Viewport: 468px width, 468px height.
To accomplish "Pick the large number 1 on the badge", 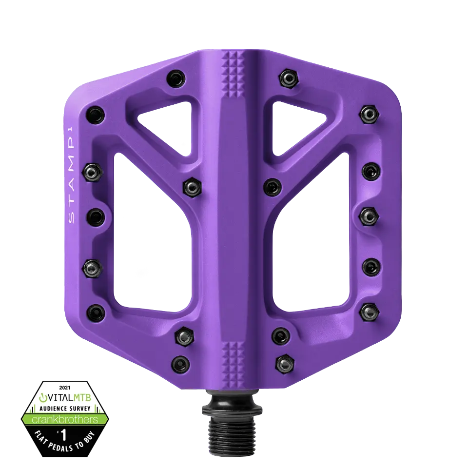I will (x=63, y=434).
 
